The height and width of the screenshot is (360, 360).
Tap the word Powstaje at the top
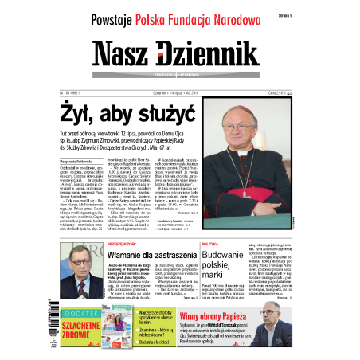click(116, 18)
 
